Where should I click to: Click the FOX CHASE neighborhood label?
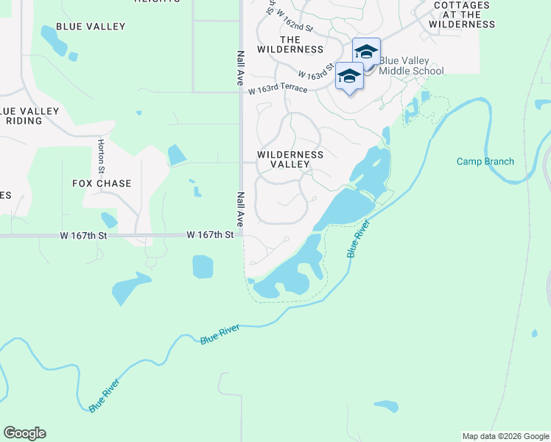(102, 183)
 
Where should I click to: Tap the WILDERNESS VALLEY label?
(290, 160)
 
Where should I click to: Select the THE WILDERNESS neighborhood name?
(290, 44)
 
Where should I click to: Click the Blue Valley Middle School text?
(411, 66)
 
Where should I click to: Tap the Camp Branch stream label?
(485, 161)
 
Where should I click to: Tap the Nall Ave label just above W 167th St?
(240, 209)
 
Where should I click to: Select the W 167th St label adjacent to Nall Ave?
(210, 235)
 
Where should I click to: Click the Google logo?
(24, 433)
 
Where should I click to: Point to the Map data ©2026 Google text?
(505, 436)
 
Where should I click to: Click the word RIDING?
(24, 120)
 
